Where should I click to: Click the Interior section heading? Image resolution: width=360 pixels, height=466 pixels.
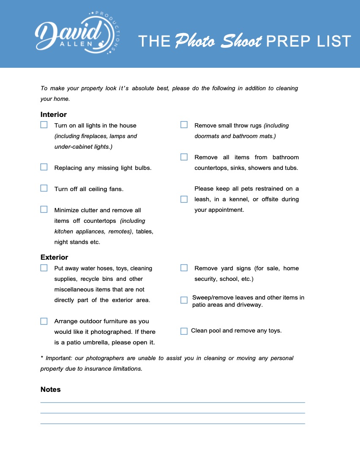(53, 114)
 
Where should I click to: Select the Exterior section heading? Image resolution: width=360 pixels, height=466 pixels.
(54, 257)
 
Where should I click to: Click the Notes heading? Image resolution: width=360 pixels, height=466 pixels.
(50, 389)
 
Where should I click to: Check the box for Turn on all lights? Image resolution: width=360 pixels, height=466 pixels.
(44, 125)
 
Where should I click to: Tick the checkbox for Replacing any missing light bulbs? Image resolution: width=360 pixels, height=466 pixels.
(44, 167)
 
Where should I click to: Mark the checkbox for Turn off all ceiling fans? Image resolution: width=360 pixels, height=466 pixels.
(44, 189)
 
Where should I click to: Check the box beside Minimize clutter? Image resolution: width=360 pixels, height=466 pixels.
(44, 209)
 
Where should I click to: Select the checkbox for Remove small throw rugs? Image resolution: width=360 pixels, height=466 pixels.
(184, 125)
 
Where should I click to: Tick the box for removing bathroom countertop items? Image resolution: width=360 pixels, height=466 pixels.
(184, 157)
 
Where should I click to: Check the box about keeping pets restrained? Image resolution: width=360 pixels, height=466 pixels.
(184, 199)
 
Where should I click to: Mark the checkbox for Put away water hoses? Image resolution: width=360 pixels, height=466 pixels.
(44, 268)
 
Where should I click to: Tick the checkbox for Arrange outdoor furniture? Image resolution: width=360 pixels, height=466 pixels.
(44, 321)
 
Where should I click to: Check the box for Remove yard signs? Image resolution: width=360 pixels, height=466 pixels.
(184, 268)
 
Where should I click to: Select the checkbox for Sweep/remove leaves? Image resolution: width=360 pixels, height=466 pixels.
(184, 300)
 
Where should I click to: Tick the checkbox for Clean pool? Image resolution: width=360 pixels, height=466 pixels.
(184, 331)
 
